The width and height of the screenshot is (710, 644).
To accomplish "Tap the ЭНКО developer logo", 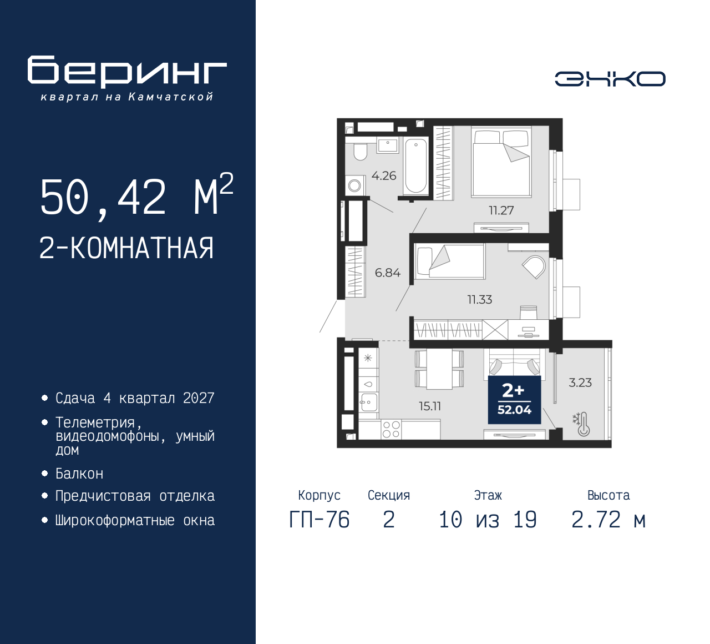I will [610, 79].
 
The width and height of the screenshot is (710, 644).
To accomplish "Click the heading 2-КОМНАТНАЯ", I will [126, 248].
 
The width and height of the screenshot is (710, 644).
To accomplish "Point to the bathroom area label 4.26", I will [384, 176].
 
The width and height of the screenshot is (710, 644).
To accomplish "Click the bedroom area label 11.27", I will [501, 210].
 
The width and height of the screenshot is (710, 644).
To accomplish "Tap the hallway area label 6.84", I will [387, 273].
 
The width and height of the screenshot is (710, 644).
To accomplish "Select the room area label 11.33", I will [479, 300].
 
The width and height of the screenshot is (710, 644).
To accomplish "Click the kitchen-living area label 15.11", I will [430, 406].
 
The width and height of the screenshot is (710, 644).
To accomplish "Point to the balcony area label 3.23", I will [580, 383].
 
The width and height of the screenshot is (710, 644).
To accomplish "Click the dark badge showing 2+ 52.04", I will [514, 400].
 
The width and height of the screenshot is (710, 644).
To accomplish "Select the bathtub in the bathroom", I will [415, 165].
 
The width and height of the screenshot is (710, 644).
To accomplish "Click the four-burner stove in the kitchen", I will [391, 429].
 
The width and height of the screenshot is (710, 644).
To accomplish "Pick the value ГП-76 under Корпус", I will [319, 520].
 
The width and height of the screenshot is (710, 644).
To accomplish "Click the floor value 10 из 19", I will [488, 520].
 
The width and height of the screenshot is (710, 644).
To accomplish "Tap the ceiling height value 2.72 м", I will [608, 520].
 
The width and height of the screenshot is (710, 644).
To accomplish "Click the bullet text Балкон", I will [79, 474].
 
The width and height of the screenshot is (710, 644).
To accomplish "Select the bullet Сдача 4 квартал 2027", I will [135, 398].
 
